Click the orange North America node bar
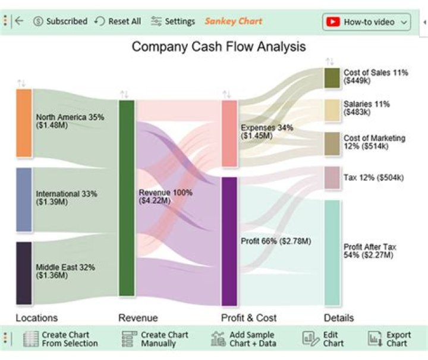(24, 123)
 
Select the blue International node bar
(24, 199)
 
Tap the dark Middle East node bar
(24, 273)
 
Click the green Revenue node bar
(127, 198)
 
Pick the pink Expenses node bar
(229, 133)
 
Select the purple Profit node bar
(229, 241)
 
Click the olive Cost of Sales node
(332, 78)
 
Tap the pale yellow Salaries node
(332, 110)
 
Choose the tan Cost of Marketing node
(332, 143)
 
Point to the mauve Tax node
(332, 178)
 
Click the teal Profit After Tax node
(332, 252)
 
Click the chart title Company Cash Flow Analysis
(219, 46)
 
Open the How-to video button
(367, 22)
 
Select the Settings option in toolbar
(173, 21)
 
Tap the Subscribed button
(60, 21)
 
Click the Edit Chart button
(323, 339)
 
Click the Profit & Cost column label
(248, 318)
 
